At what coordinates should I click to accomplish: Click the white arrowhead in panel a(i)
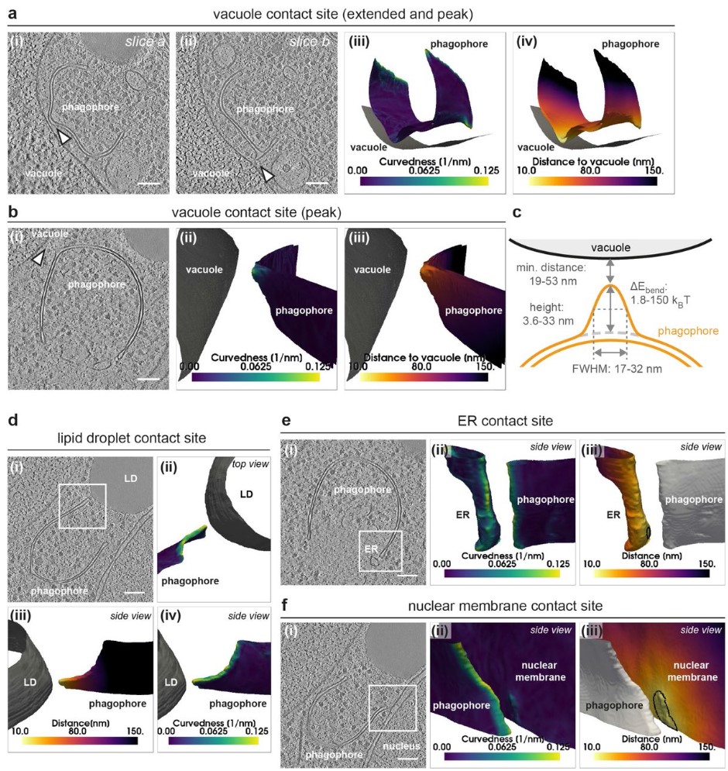tap(65, 137)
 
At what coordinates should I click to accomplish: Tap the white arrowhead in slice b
tap(268, 176)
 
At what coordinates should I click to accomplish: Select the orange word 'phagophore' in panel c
tap(687, 330)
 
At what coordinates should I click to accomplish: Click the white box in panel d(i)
tap(81, 506)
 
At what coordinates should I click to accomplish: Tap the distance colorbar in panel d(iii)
tap(74, 741)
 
